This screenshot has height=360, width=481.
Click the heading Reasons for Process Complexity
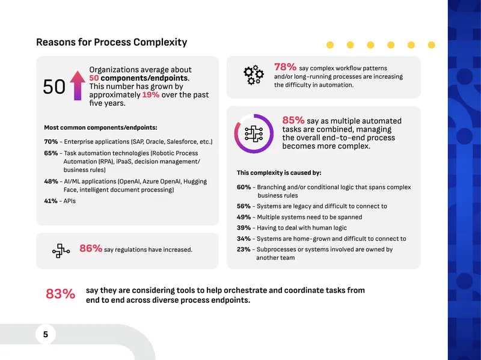pyautogui.click(x=112, y=42)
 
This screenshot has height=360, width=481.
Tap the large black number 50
pyautogui.click(x=54, y=87)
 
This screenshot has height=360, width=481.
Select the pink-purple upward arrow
pyautogui.click(x=78, y=85)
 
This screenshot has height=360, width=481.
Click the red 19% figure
pyautogui.click(x=151, y=95)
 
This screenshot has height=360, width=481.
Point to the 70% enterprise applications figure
pyautogui.click(x=51, y=142)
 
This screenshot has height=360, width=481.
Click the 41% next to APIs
pyautogui.click(x=51, y=201)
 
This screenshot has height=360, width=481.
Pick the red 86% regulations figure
pyautogui.click(x=91, y=248)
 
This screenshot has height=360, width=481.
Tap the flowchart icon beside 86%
pyautogui.click(x=61, y=251)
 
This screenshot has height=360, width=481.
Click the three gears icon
pyautogui.click(x=254, y=75)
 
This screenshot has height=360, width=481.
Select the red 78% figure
pyautogui.click(x=285, y=67)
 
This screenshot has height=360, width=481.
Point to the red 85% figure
pyautogui.click(x=293, y=120)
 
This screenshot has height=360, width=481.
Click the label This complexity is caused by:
pyautogui.click(x=279, y=173)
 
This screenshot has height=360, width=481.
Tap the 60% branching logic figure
pyautogui.click(x=244, y=187)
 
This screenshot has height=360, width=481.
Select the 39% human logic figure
pyautogui.click(x=244, y=228)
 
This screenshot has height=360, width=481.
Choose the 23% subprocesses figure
pyautogui.click(x=244, y=249)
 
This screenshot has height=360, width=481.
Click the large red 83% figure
pyautogui.click(x=61, y=294)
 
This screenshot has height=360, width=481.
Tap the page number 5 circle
pyautogui.click(x=46, y=334)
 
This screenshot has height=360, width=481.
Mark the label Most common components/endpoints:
pyautogui.click(x=100, y=127)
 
